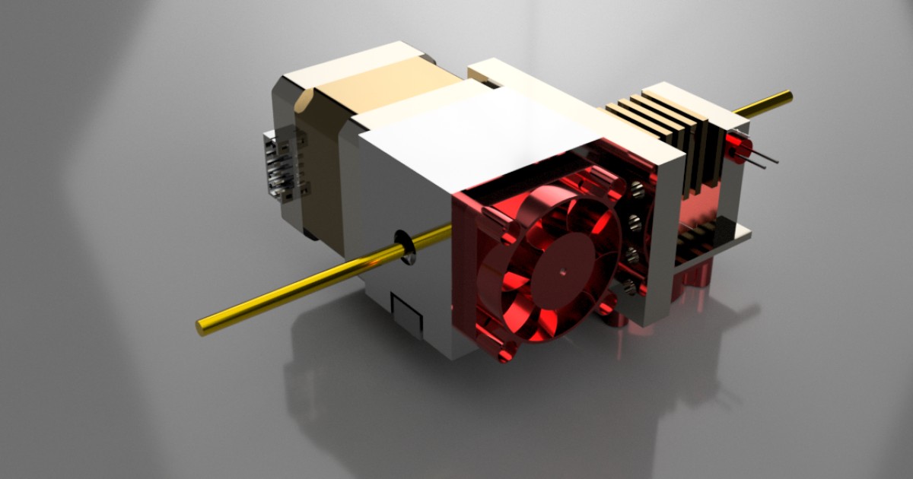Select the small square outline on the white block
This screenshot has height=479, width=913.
(405, 313)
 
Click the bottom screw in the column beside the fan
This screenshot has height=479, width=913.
(630, 287)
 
